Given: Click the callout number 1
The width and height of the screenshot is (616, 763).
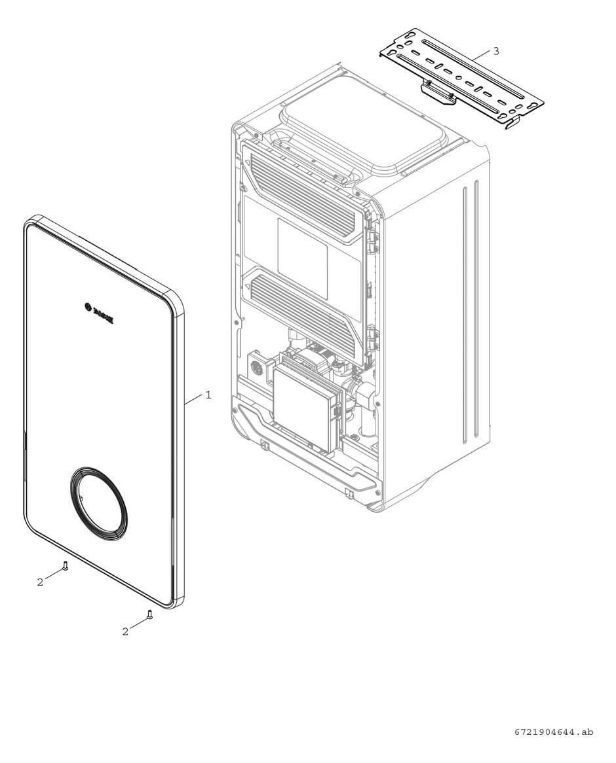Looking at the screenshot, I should [208, 395].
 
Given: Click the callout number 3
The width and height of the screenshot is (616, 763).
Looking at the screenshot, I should [496, 51].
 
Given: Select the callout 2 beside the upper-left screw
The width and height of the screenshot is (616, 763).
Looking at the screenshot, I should [40, 582].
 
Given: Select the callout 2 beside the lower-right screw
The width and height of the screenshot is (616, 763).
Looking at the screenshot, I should [125, 631].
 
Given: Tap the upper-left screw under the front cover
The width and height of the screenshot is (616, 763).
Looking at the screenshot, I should [65, 565].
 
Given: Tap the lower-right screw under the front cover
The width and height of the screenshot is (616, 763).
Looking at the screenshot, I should [149, 614].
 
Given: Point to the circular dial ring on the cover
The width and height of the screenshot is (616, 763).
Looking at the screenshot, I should [99, 503].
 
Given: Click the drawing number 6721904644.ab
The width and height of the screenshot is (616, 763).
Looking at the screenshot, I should [553, 732].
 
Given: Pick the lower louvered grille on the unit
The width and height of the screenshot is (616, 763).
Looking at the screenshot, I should [303, 302].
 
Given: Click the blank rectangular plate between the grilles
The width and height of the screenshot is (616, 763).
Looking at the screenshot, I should [302, 258].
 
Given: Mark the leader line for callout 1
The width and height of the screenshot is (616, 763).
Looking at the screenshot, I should [195, 400].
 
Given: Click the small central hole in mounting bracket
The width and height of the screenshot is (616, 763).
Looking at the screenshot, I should [459, 78].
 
